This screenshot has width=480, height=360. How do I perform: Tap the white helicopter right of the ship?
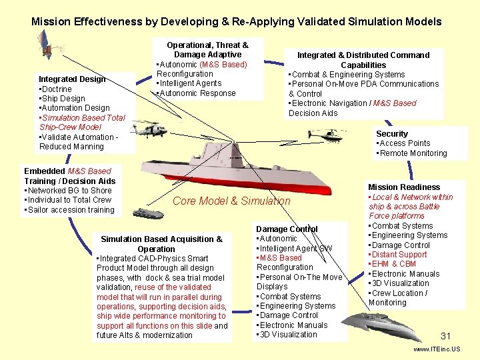pyautogui.click(x=329, y=135)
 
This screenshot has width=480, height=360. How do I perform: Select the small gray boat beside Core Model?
pyautogui.click(x=147, y=213)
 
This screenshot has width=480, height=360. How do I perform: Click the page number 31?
pyautogui.click(x=446, y=336)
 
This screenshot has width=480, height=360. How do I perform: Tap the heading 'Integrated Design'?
pyautogui.click(x=72, y=79)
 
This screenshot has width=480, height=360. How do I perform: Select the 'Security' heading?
pyautogui.click(x=392, y=134)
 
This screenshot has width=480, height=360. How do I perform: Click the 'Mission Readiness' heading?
pyautogui.click(x=404, y=187)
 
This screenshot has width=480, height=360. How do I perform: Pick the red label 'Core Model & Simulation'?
pyautogui.click(x=231, y=201)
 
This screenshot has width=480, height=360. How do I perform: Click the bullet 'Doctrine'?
pyautogui.click(x=57, y=89)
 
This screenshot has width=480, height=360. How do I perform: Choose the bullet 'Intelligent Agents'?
pyautogui.click(x=189, y=84)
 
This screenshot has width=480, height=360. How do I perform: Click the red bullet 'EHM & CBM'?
pyautogui.click(x=395, y=264)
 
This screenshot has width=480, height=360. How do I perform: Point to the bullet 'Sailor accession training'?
pyautogui.click(x=70, y=210)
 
